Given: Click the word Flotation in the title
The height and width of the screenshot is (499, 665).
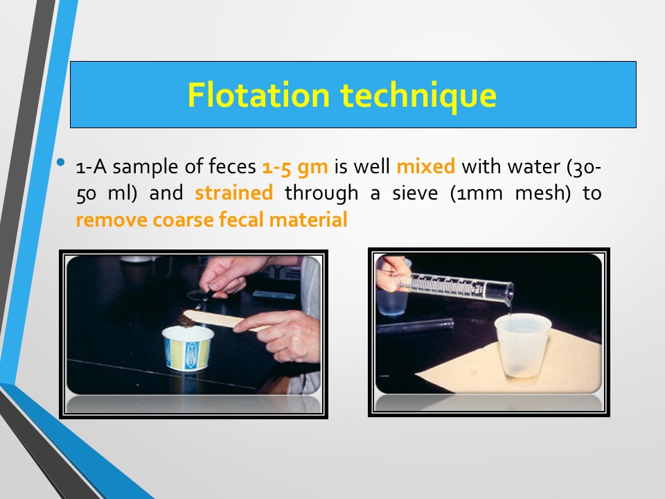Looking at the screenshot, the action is click(x=258, y=95).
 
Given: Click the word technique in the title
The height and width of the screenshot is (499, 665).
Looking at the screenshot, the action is click(x=418, y=96).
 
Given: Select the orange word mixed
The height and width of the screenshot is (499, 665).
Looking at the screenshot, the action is click(x=426, y=166).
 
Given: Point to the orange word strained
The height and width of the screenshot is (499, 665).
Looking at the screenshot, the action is click(x=233, y=193).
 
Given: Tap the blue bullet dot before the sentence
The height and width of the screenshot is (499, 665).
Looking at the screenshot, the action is click(x=61, y=161).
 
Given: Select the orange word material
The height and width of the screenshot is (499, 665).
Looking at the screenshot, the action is click(x=308, y=220).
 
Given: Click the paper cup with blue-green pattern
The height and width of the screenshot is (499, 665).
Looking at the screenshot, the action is click(x=188, y=348).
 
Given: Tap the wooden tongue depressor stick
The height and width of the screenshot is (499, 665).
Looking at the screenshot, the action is click(x=224, y=319).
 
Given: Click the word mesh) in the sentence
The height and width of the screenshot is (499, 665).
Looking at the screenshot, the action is click(x=543, y=193).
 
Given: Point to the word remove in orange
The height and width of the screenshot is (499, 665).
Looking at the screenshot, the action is click(x=111, y=220).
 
